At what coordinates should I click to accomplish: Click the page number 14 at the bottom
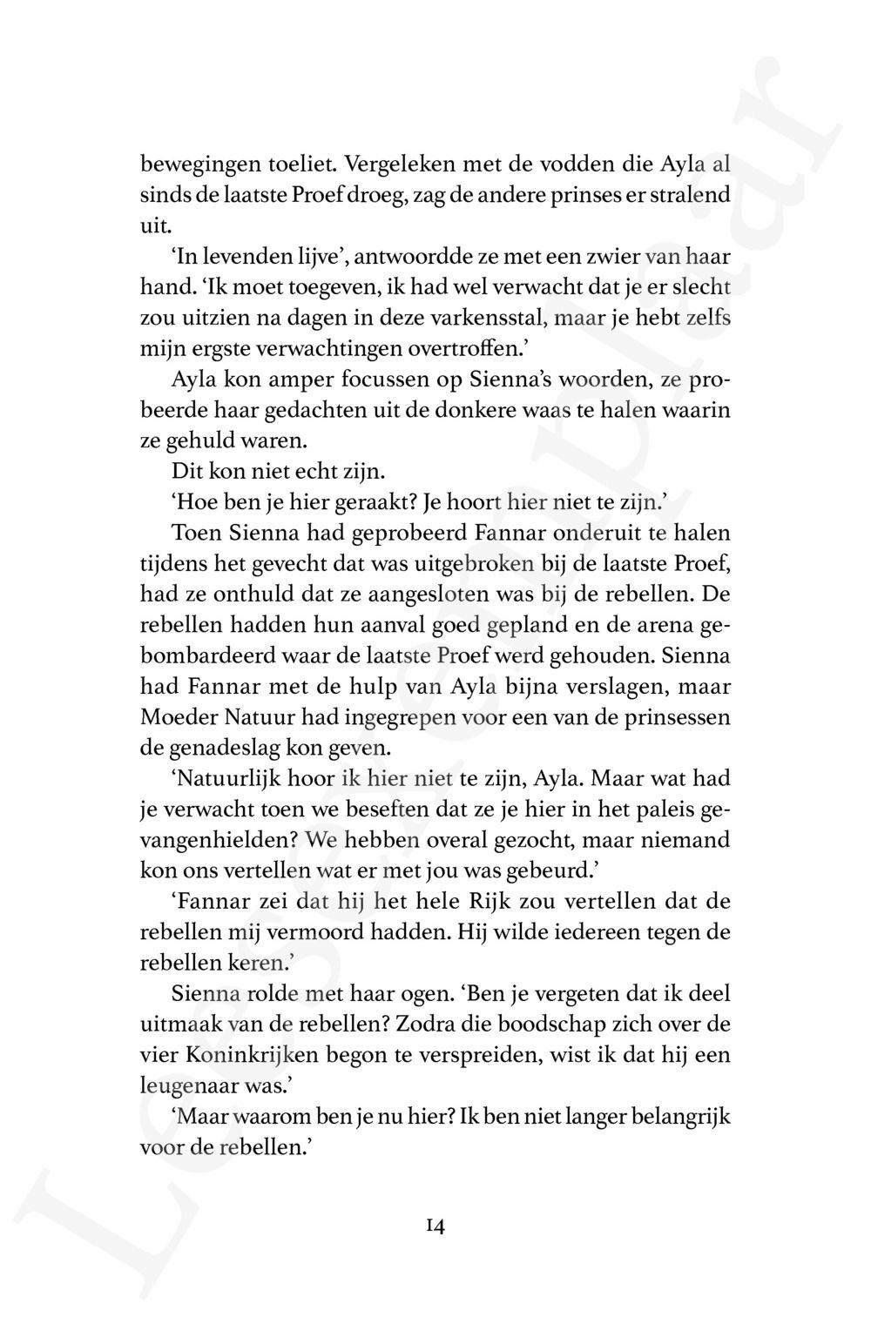(435, 1227)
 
